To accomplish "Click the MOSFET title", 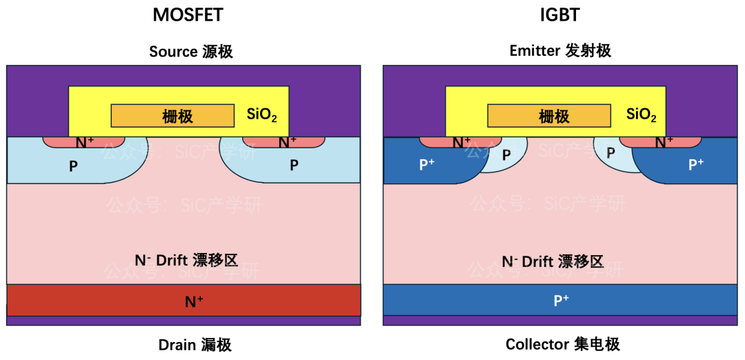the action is tap(188, 15).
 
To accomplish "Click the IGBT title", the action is tap(560, 15).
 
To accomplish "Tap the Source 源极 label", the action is tap(191, 51).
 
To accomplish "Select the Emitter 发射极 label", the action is tap(560, 51).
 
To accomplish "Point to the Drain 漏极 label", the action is tap(195, 345).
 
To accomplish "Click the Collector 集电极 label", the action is tap(563, 344).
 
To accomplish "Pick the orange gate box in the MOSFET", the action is tap(172, 115).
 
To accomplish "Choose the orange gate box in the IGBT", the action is tap(549, 115).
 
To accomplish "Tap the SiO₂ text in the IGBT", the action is tap(642, 115).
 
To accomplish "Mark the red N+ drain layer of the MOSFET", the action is tap(184, 300).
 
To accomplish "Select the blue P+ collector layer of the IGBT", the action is tap(560, 300).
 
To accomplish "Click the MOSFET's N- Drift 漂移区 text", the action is tap(186, 259).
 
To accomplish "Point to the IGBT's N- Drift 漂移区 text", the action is tap(553, 261).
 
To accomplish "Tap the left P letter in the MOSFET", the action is tap(73, 167).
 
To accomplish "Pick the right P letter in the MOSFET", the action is tap(295, 165).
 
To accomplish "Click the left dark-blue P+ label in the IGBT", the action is tap(426, 164).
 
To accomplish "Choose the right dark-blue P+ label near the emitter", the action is tap(696, 164).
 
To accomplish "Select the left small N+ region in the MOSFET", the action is tap(83, 142).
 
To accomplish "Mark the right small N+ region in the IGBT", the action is tap(661, 142).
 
